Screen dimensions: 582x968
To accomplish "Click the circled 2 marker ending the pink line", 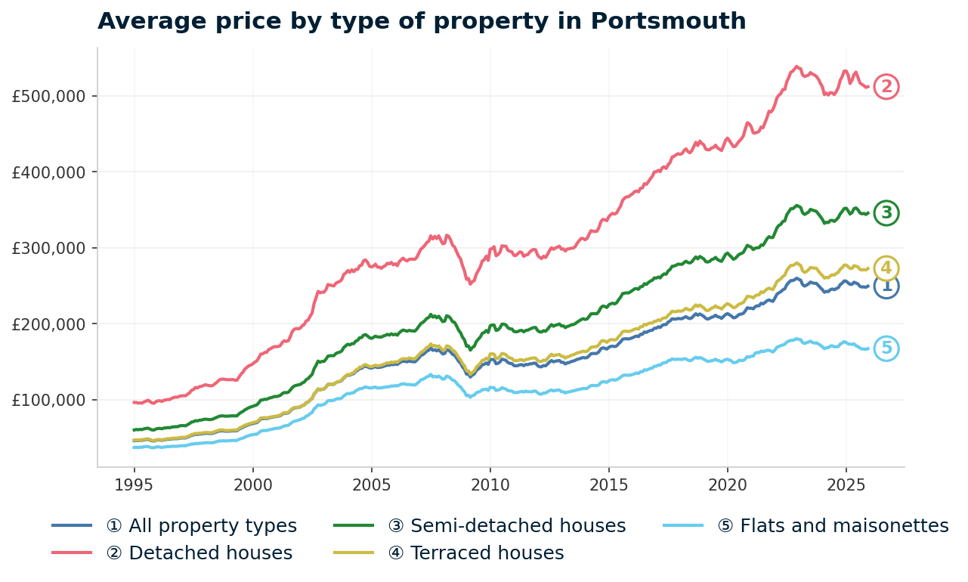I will pos(886,87).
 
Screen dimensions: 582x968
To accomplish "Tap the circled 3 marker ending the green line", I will pos(886,213).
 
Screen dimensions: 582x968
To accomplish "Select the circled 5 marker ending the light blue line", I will pos(886,348).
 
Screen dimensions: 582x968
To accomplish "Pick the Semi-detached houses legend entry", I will pos(506,526).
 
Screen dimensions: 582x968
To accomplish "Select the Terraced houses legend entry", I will pos(476,553).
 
